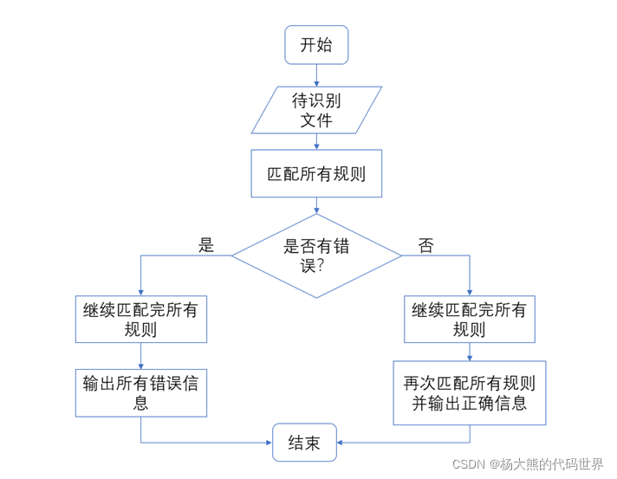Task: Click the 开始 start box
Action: click(x=315, y=45)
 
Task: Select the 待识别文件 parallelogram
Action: click(x=316, y=110)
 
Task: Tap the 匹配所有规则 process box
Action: click(x=316, y=173)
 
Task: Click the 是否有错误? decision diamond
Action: click(x=316, y=256)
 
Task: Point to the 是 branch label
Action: click(x=205, y=244)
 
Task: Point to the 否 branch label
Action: click(x=425, y=245)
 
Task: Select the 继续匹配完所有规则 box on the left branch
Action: click(x=140, y=320)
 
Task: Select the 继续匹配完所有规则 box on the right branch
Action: click(x=470, y=320)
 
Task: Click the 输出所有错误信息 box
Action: click(x=140, y=392)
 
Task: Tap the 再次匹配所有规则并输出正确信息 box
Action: click(x=470, y=393)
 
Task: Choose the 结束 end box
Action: click(x=303, y=443)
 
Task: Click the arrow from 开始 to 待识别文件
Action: click(x=316, y=75)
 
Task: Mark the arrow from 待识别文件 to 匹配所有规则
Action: click(x=316, y=142)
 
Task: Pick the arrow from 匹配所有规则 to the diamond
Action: click(x=316, y=205)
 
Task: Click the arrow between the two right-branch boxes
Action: click(x=470, y=352)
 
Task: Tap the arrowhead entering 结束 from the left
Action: click(x=268, y=443)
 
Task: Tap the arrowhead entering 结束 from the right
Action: click(x=340, y=443)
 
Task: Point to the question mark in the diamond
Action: click(x=320, y=266)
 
